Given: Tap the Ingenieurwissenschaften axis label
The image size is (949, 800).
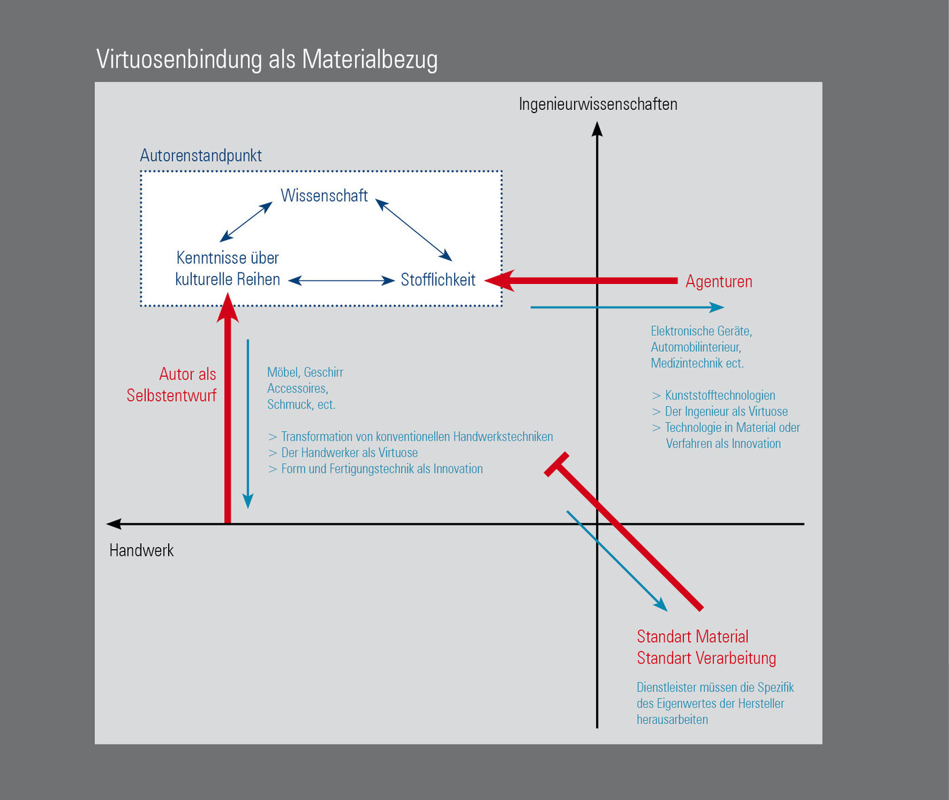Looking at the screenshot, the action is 598,104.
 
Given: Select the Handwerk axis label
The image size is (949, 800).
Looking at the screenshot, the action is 142,551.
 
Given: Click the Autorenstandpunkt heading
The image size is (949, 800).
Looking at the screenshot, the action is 201,156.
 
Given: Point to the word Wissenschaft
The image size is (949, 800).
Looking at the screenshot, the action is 324,195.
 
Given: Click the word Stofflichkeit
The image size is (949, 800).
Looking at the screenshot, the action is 438,279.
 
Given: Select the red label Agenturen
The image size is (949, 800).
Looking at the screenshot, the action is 719,281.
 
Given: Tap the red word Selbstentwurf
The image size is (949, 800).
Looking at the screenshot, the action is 171,395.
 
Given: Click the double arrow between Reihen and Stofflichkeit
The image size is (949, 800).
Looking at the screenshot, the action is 342,281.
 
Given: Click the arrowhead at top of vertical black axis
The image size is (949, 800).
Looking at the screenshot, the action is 597,129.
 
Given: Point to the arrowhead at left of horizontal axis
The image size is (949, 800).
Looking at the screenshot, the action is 114,523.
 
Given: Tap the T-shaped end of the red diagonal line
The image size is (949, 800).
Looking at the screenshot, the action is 557,464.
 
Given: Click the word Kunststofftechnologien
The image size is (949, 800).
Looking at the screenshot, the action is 720,395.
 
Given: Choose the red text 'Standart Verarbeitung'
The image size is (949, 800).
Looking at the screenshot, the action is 706,658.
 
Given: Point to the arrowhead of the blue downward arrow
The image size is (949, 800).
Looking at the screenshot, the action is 247,501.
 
